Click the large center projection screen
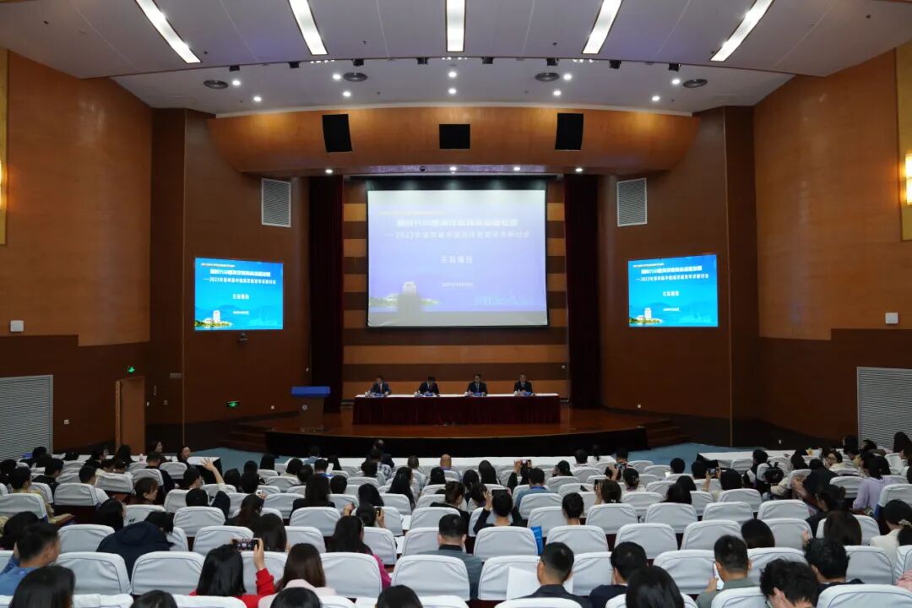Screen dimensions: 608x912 click(457, 258)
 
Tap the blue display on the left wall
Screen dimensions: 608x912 click(239, 294)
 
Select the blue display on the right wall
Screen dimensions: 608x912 click(673, 290)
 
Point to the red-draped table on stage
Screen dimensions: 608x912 click(456, 410)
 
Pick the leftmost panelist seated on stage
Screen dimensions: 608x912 click(380, 387)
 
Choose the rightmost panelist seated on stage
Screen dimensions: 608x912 click(524, 386)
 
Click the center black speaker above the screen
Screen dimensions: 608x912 click(454, 136)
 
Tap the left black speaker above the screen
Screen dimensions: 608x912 click(337, 133)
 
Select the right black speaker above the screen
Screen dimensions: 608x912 click(569, 132)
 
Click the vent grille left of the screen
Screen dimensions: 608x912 click(276, 203)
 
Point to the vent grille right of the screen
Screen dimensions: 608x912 click(632, 202)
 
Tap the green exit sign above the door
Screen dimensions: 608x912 click(131, 369)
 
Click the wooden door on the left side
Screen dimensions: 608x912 click(131, 414)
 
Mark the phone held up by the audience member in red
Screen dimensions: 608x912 click(246, 545)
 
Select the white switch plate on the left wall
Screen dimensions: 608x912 click(17, 325)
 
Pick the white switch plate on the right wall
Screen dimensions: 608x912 click(891, 318)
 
